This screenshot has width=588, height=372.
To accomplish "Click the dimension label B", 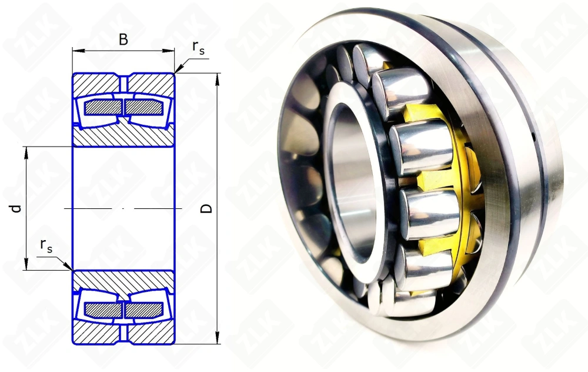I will coord(123,39).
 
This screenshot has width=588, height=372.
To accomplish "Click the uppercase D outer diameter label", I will coord(206,208).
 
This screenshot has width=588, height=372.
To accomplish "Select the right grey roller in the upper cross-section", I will coord(143,107).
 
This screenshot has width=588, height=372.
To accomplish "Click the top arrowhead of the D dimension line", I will coord(218,78).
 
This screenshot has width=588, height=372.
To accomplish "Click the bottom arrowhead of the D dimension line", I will coord(218,338).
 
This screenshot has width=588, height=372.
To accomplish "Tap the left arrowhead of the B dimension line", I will coord(76,51).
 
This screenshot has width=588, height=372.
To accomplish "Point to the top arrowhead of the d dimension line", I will coord(26,151).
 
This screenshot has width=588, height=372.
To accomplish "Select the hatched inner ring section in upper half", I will coord(123,137).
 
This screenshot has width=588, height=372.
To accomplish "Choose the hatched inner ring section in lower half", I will coord(123,280).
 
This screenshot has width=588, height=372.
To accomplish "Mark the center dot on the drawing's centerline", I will coord(123,208).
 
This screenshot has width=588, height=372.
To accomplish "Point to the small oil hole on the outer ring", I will coord(533,138).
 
